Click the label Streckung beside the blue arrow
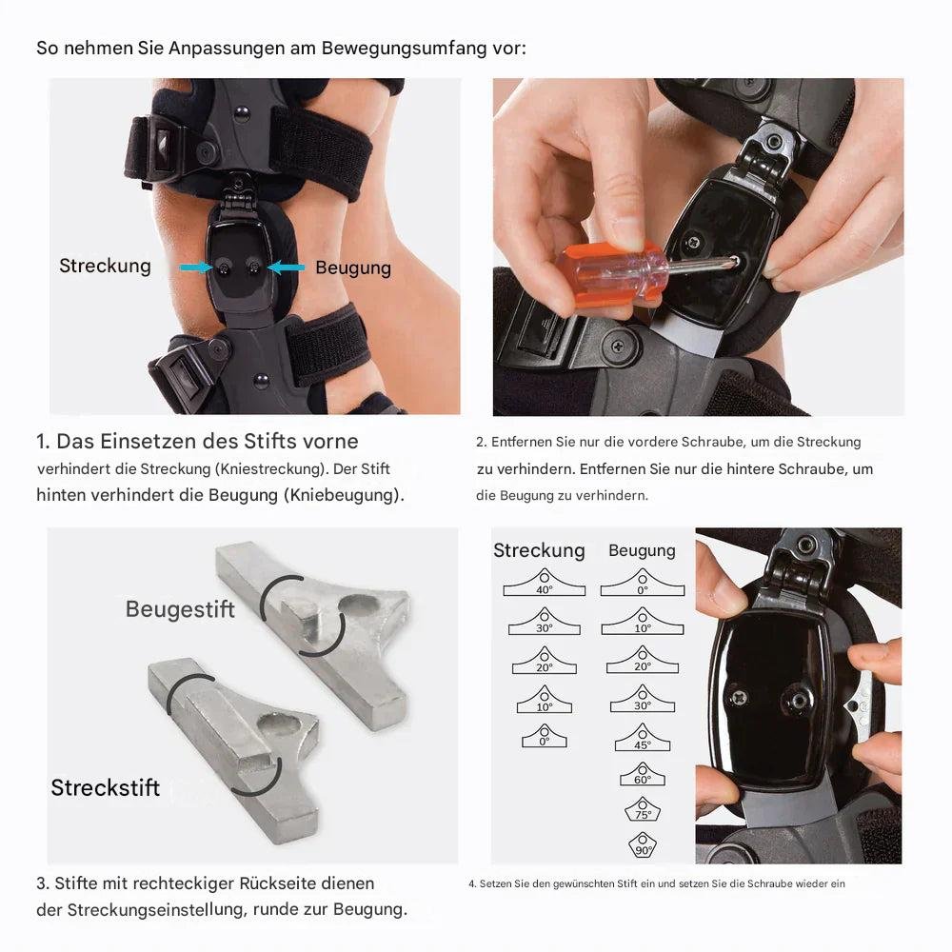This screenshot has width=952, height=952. (105, 266)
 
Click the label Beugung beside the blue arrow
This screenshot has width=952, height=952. (353, 268)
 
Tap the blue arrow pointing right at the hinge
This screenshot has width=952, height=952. (196, 268)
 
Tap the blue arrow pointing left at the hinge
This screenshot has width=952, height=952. (286, 268)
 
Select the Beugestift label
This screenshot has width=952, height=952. (180, 609)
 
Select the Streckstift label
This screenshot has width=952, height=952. (105, 787)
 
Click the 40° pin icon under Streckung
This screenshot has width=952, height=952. (544, 584)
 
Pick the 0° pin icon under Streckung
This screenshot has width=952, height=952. (544, 736)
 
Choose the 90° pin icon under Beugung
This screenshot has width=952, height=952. (643, 845)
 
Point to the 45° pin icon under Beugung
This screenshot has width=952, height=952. (643, 738)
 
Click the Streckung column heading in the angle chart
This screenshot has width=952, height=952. (539, 550)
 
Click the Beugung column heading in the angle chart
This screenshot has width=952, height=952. (642, 550)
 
